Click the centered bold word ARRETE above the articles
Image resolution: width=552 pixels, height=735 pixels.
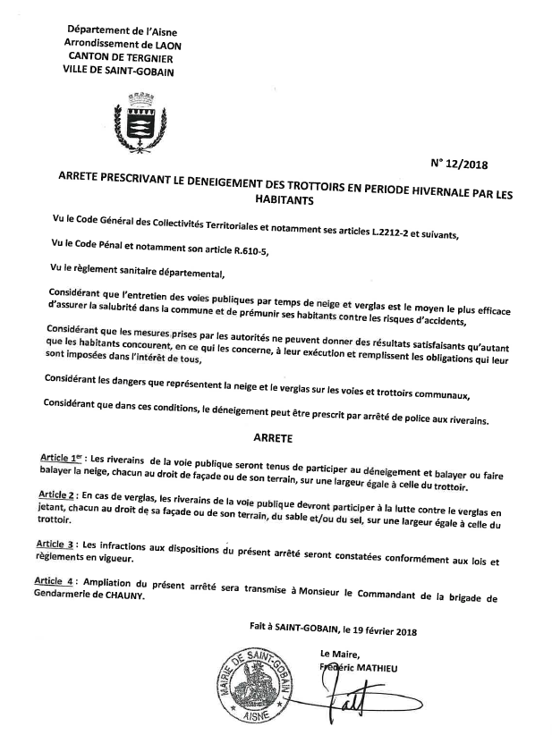(274, 440)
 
